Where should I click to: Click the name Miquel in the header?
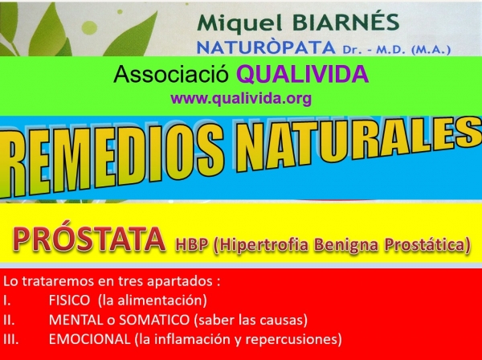pyautogui.click(x=239, y=24)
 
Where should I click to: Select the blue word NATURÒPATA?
pyautogui.click(x=266, y=47)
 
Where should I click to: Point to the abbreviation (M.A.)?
pyautogui.click(x=431, y=50)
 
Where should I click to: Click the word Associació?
pyautogui.click(x=171, y=74)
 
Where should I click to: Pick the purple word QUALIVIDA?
pyautogui.click(x=302, y=74)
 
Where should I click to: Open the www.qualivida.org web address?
pyautogui.click(x=241, y=99)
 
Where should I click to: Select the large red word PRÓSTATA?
pyautogui.click(x=89, y=239)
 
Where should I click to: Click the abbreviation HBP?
pyautogui.click(x=191, y=245)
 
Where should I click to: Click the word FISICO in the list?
pyautogui.click(x=69, y=301)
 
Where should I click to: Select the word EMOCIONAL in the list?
pyautogui.click(x=89, y=339)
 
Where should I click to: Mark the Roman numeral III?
pyautogui.click(x=11, y=339)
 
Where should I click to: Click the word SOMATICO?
pyautogui.click(x=154, y=320)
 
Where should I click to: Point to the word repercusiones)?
pyautogui.click(x=294, y=340)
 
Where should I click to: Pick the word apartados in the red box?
pyautogui.click(x=179, y=281)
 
